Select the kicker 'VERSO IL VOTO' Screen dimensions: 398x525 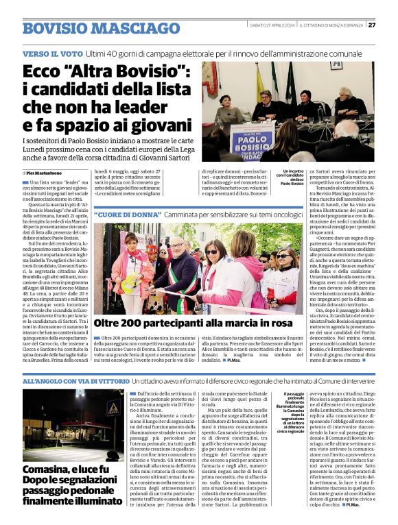pos(49,53)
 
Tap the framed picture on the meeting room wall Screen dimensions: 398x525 pos(336,66)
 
